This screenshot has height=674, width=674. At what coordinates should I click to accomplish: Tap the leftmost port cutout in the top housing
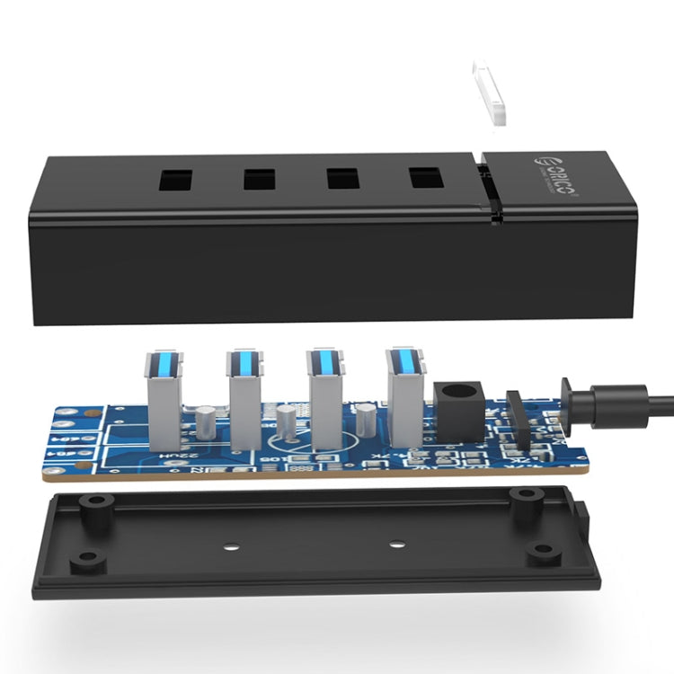pyautogui.click(x=176, y=178)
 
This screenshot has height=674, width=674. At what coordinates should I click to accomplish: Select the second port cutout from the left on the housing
pyautogui.click(x=260, y=178)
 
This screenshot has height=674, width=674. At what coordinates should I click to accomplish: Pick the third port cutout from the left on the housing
pyautogui.click(x=342, y=178)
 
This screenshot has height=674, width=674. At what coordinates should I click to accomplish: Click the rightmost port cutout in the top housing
pyautogui.click(x=426, y=178)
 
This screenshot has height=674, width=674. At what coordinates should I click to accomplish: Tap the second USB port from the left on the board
pyautogui.click(x=244, y=395)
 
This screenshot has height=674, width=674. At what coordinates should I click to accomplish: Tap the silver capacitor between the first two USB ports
pyautogui.click(x=206, y=421)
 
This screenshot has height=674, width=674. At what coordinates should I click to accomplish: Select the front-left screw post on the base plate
pyautogui.click(x=86, y=560)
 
